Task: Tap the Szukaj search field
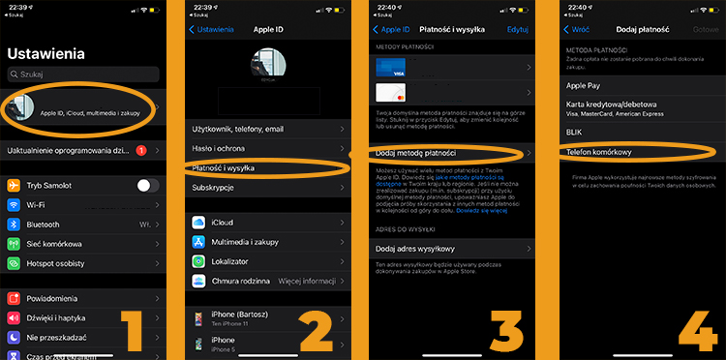pyautogui.click(x=82, y=74)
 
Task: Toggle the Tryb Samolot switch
pyautogui.click(x=147, y=185)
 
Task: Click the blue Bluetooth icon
pyautogui.click(x=15, y=224)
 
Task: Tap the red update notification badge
pyautogui.click(x=141, y=151)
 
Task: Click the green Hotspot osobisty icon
pyautogui.click(x=15, y=262)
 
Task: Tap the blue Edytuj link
pyautogui.click(x=518, y=30)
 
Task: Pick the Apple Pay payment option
pyautogui.click(x=585, y=85)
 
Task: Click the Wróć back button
pyautogui.click(x=576, y=30)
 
